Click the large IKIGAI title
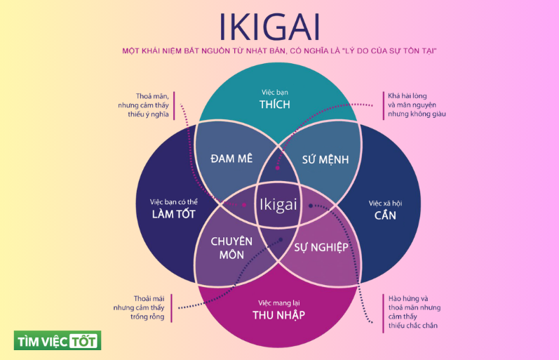(x=278, y=25)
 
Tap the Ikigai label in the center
(x=278, y=204)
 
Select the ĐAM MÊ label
(x=231, y=159)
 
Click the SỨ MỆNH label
(x=325, y=159)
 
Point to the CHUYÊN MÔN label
(x=231, y=248)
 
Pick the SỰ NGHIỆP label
(x=321, y=247)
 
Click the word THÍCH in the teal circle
(x=274, y=105)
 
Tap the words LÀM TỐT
(x=173, y=214)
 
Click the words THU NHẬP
(x=278, y=314)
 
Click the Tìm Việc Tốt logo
(x=58, y=340)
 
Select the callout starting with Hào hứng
(x=414, y=312)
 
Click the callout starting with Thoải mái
(x=140, y=307)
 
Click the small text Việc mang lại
(x=278, y=302)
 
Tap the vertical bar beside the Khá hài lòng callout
(x=382, y=105)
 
